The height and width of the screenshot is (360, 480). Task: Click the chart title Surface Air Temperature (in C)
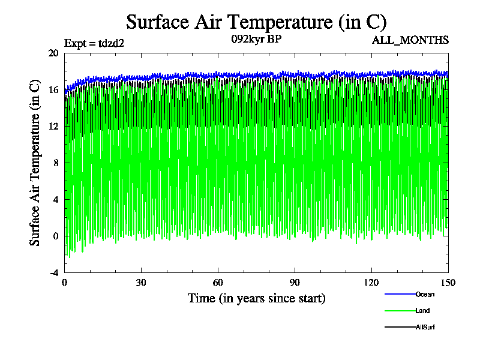pos(256,22)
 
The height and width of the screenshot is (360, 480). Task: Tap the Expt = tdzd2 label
pos(94,43)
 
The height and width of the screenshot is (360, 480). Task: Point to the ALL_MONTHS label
pos(410,40)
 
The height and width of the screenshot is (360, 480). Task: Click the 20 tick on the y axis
pos(53,53)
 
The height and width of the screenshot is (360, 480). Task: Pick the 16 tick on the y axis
pos(53,89)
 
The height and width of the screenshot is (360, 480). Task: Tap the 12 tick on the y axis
pos(53,126)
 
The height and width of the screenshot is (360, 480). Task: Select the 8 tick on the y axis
pos(56,163)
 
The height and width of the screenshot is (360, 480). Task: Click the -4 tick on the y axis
pos(53,272)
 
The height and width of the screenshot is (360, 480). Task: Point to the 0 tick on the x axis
pos(65,283)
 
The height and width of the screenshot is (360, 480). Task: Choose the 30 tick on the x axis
pos(142,283)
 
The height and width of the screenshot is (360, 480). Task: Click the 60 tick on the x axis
pos(218,283)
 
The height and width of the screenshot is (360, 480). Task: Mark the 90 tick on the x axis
pos(295,283)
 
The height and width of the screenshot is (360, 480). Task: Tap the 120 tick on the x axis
pos(372,283)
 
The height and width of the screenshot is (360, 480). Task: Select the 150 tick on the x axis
pos(448,283)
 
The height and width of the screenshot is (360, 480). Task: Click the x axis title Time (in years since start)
pos(256,298)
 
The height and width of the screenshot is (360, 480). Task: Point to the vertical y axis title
pos(35,163)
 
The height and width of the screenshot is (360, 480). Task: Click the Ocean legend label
pos(425,294)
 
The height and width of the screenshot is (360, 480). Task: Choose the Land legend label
pos(422,311)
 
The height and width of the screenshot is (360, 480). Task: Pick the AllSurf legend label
pos(425,327)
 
